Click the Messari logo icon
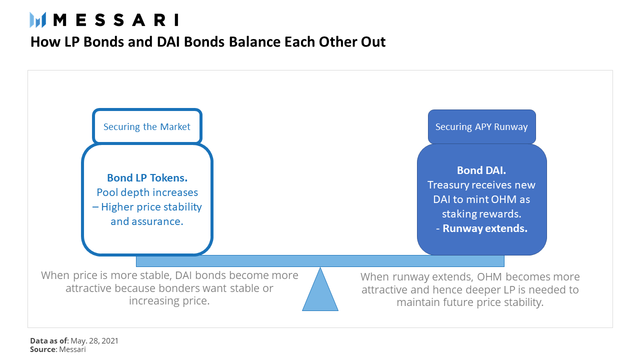[x=37, y=20]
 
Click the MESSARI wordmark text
[x=116, y=20]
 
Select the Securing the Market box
[x=147, y=126]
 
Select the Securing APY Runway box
[x=481, y=126]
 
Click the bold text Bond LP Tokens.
[x=147, y=177]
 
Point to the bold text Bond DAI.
[x=481, y=170]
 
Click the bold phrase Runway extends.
[x=485, y=228]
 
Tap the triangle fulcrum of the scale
[x=320, y=289]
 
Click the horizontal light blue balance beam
[x=320, y=261]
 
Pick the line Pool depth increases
[x=147, y=192]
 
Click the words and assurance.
[x=147, y=221]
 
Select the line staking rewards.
[x=481, y=213]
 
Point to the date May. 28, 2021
[x=94, y=340]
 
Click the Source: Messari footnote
[x=57, y=349]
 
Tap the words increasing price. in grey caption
[x=169, y=301]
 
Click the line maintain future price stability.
[x=470, y=302]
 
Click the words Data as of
[x=49, y=340]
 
